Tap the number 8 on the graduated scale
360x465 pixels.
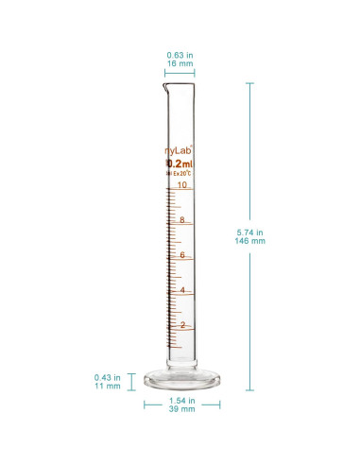tap(181, 220)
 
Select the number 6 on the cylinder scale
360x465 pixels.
tap(181, 255)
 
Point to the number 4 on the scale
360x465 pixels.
tap(181, 290)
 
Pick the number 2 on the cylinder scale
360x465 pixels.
tap(181, 325)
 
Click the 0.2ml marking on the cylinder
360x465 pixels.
tap(180, 162)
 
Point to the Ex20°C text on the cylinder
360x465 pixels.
tap(181, 173)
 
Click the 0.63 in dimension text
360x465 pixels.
tap(180, 55)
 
